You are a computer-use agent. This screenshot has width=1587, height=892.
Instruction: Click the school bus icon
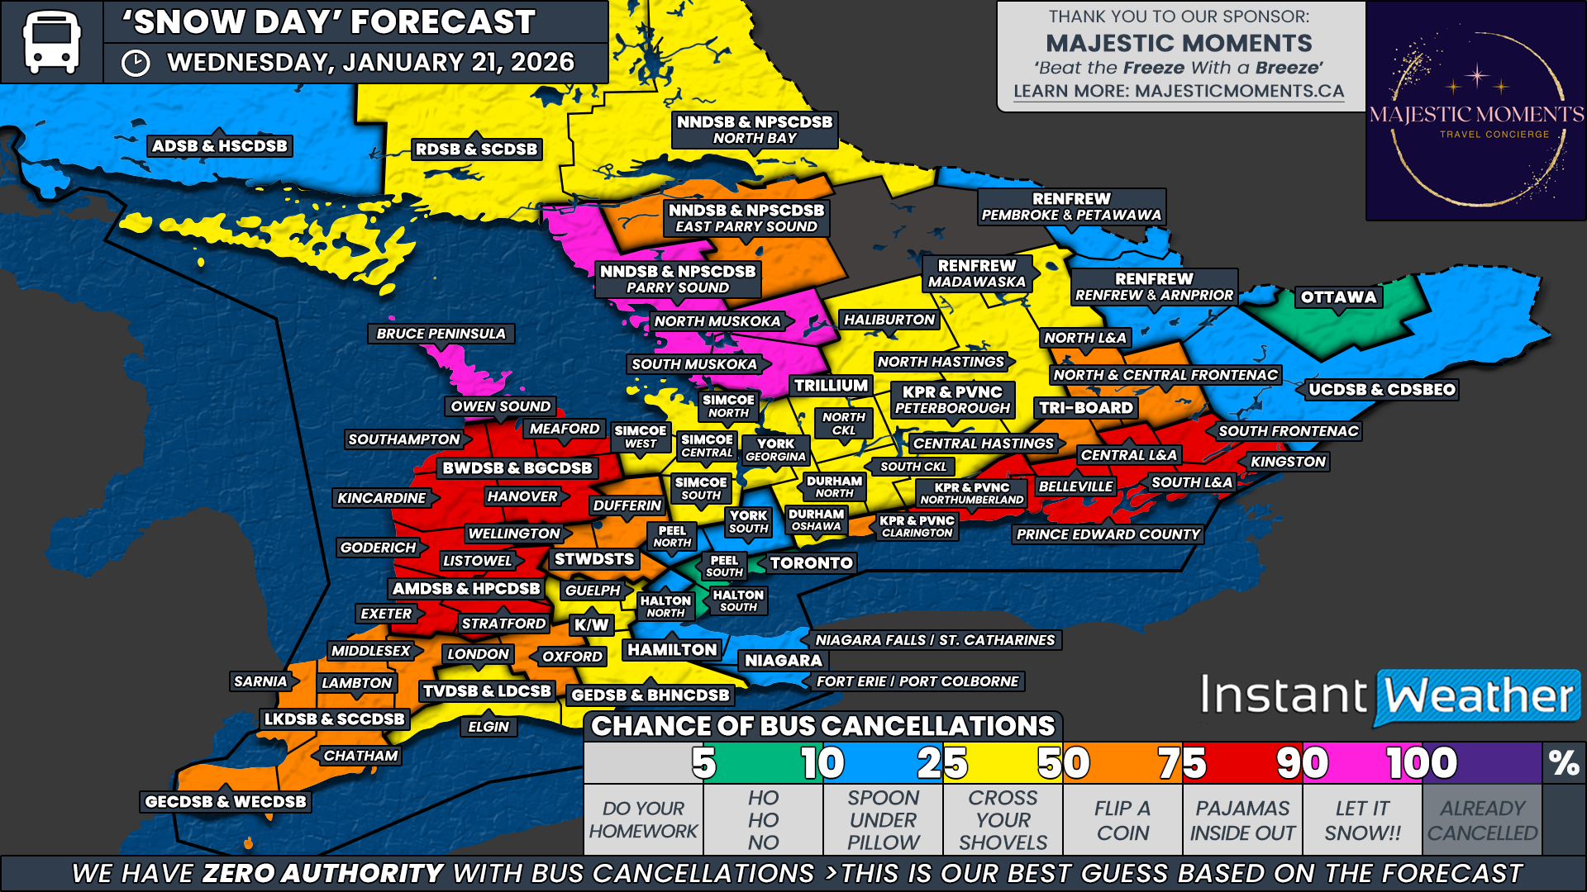tap(51, 41)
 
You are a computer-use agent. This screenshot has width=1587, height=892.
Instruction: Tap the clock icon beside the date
tap(136, 63)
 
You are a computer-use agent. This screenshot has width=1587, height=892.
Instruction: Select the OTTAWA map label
tap(1338, 297)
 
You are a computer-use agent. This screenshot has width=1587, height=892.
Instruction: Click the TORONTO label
tap(811, 563)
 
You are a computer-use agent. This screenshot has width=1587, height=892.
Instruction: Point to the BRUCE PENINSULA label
tap(441, 334)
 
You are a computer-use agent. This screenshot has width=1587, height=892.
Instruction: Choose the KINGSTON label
tap(1288, 462)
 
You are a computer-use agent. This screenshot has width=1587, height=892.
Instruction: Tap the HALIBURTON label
tap(889, 320)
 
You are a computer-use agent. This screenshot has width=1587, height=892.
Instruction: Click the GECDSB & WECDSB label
tap(226, 801)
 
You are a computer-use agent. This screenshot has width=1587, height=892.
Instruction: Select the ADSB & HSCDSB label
tap(220, 146)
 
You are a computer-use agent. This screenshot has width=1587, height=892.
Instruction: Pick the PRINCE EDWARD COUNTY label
tap(1108, 534)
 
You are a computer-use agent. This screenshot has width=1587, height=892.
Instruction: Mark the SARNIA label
tap(260, 681)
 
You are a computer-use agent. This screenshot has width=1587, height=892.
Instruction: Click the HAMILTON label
tap(672, 650)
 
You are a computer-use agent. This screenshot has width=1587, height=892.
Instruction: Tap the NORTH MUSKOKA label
tap(717, 321)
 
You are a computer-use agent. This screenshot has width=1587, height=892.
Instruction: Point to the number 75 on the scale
tap(1182, 763)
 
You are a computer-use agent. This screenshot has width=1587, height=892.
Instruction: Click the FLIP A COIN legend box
tap(1122, 820)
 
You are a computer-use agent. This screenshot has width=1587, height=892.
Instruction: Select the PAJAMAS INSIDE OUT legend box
tap(1242, 820)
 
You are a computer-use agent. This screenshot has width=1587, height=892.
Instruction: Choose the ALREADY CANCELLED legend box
tap(1482, 820)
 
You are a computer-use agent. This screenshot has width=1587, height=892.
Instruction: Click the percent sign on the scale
tap(1564, 763)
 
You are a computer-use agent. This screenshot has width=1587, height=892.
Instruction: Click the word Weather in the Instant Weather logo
tap(1479, 696)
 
